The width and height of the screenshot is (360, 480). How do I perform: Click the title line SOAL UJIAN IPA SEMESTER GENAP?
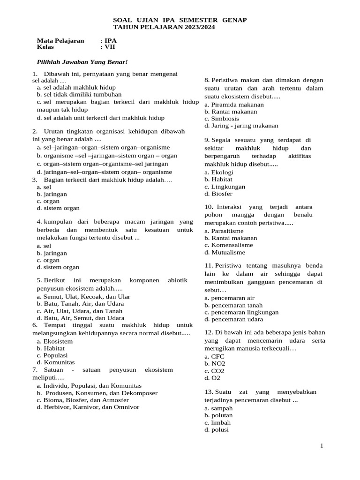click(180, 20)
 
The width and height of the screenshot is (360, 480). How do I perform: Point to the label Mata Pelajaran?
click(60, 41)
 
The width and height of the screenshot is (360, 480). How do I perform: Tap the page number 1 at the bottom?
click(322, 445)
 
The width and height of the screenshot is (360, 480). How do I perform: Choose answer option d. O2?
click(212, 378)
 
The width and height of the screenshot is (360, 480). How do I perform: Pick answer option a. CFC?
click(214, 357)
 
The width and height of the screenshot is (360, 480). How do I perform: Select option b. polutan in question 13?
click(218, 415)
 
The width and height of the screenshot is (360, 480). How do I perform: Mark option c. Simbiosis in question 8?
click(222, 119)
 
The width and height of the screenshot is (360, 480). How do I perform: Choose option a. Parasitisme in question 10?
click(224, 231)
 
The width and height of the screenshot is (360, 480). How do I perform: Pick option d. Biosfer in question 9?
click(218, 194)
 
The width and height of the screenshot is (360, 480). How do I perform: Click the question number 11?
click(209, 266)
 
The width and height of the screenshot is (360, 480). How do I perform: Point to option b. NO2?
click(215, 364)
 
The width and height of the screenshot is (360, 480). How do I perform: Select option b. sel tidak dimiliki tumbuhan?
click(79, 94)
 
